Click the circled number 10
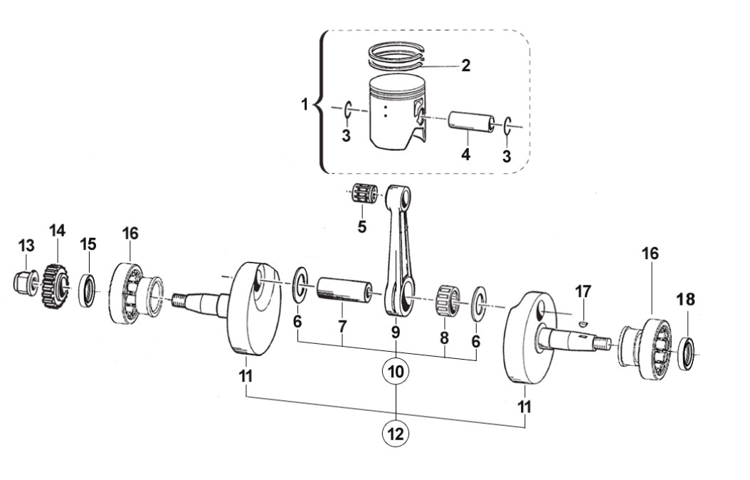pos(396,371)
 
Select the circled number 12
pos(396,434)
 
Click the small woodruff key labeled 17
pos(582,324)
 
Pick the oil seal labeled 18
pos(687,353)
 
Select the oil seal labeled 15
pos(88,291)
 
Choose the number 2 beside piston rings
pos(465,66)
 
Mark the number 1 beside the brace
pos(305,104)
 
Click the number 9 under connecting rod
pos(395,332)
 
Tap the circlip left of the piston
pos(348,110)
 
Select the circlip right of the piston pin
pos(507,126)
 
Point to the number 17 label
pos(583,291)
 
